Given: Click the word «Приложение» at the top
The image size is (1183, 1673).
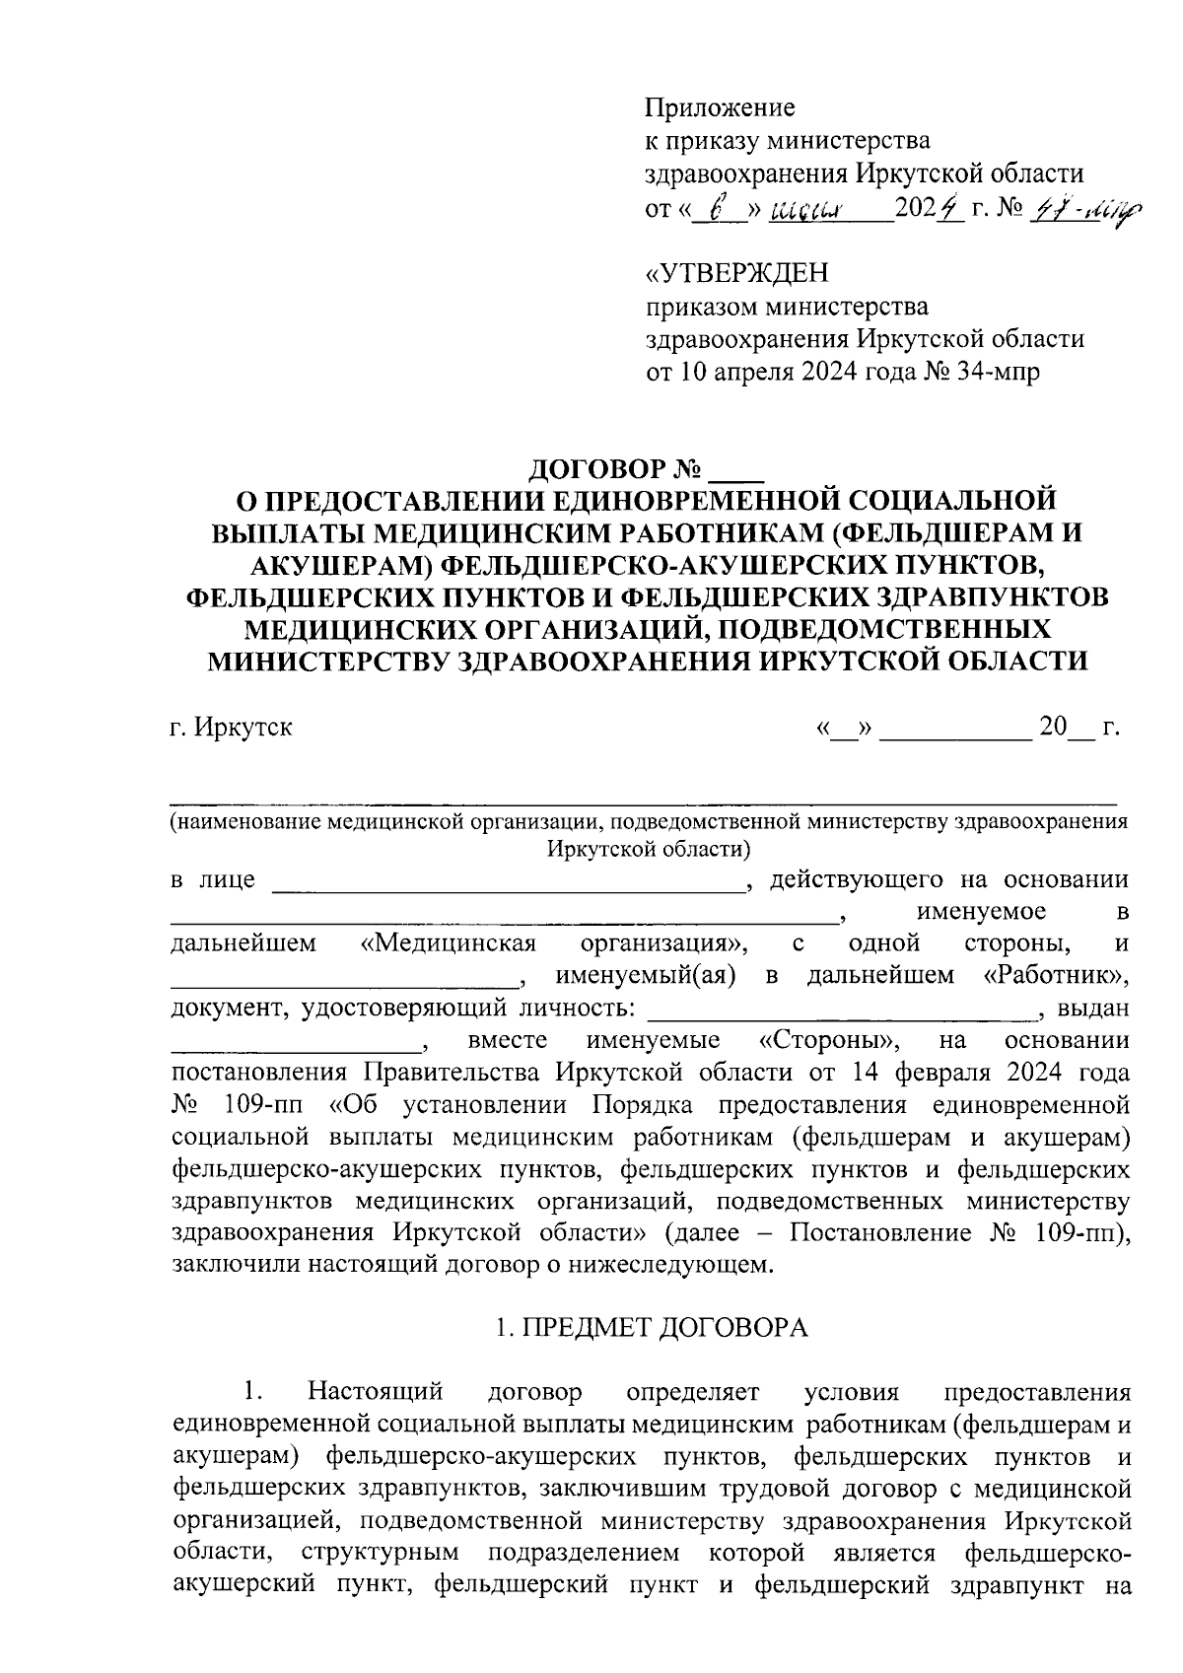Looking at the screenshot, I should click(720, 107).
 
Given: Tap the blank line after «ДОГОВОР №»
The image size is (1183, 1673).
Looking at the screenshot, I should click(730, 469).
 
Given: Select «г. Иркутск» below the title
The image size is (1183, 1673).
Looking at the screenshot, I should click(231, 730).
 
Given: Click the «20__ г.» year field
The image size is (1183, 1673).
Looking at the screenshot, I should click(1079, 730).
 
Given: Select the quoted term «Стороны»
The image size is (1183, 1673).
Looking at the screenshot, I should click(828, 1041).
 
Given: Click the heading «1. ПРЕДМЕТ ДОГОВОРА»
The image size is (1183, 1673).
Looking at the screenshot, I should click(651, 1328).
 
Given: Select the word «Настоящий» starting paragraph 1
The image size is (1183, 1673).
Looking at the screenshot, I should click(375, 1393).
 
